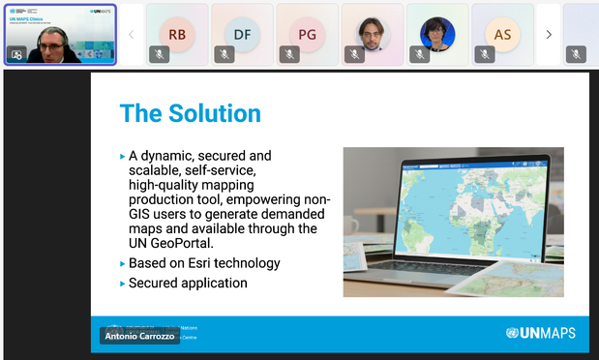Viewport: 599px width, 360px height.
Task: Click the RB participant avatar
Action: point(177,34)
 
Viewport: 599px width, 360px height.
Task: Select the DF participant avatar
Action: point(242,34)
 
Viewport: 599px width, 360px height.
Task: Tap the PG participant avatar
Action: point(307,34)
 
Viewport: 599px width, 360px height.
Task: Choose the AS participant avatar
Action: point(502,34)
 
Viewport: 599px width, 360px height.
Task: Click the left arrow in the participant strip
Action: point(131,34)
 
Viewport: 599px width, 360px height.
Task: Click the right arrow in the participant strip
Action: point(549,34)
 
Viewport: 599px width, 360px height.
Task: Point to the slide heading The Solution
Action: point(190,113)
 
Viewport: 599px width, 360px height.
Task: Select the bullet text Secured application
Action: point(188,284)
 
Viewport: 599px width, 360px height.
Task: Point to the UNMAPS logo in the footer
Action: point(540,333)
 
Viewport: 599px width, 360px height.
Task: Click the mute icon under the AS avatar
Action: point(485,54)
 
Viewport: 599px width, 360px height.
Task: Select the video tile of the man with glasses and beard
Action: point(372,34)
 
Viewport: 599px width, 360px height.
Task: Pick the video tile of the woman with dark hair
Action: point(436,34)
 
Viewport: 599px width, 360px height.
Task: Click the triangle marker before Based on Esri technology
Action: point(122,263)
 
